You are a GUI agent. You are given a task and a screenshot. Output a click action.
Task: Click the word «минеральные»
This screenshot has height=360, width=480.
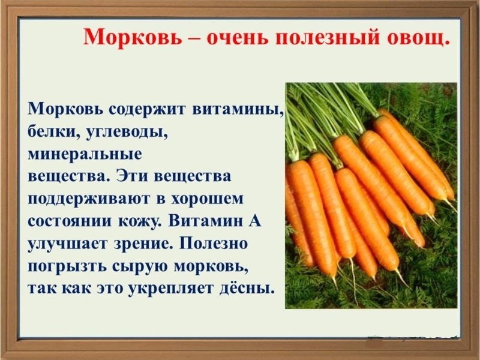[85, 154]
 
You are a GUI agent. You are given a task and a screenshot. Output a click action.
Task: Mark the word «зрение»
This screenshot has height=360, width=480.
[146, 243]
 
